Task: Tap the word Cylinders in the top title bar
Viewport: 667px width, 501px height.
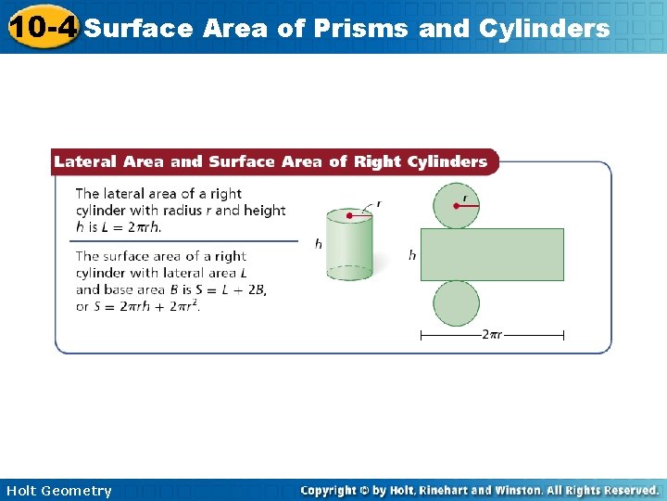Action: click(x=545, y=29)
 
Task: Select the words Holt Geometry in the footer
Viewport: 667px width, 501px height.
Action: click(x=58, y=491)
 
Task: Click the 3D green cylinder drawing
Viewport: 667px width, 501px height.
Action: click(x=349, y=244)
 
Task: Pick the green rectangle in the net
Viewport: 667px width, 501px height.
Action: click(x=492, y=254)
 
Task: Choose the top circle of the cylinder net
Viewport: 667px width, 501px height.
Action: click(x=456, y=205)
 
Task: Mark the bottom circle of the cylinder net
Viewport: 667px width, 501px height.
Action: click(x=456, y=302)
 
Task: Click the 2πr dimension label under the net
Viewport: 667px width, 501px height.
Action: click(x=492, y=335)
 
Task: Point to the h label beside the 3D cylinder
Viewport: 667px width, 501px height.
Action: click(x=319, y=244)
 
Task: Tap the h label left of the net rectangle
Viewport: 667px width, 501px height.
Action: click(x=412, y=254)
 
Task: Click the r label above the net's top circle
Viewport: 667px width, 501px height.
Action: click(x=464, y=197)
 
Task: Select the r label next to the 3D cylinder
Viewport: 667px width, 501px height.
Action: click(x=378, y=204)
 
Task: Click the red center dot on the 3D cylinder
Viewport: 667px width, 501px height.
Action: click(x=349, y=216)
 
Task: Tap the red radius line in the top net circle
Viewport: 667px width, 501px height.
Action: click(x=468, y=206)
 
